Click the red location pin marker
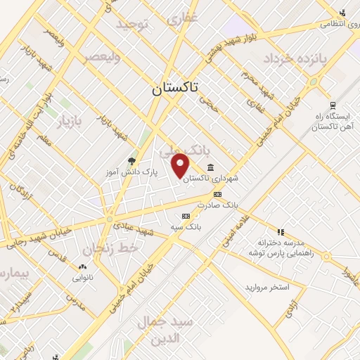(x=181, y=165)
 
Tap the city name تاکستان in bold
(x=175, y=89)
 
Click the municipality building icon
(x=211, y=167)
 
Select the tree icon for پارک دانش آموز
(x=131, y=162)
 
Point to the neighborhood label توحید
(x=134, y=25)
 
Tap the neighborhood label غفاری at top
(x=184, y=19)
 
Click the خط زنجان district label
(x=112, y=248)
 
